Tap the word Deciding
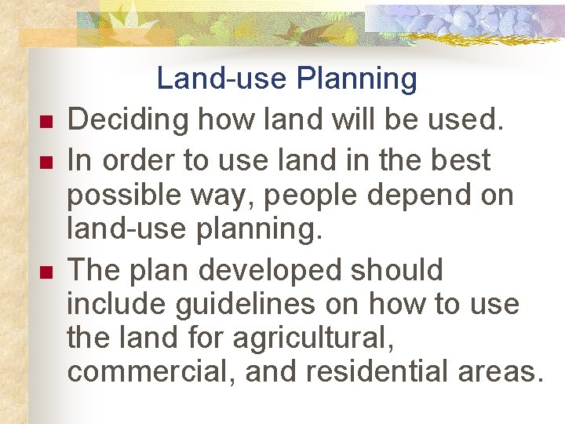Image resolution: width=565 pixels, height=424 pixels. tap(128, 120)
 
